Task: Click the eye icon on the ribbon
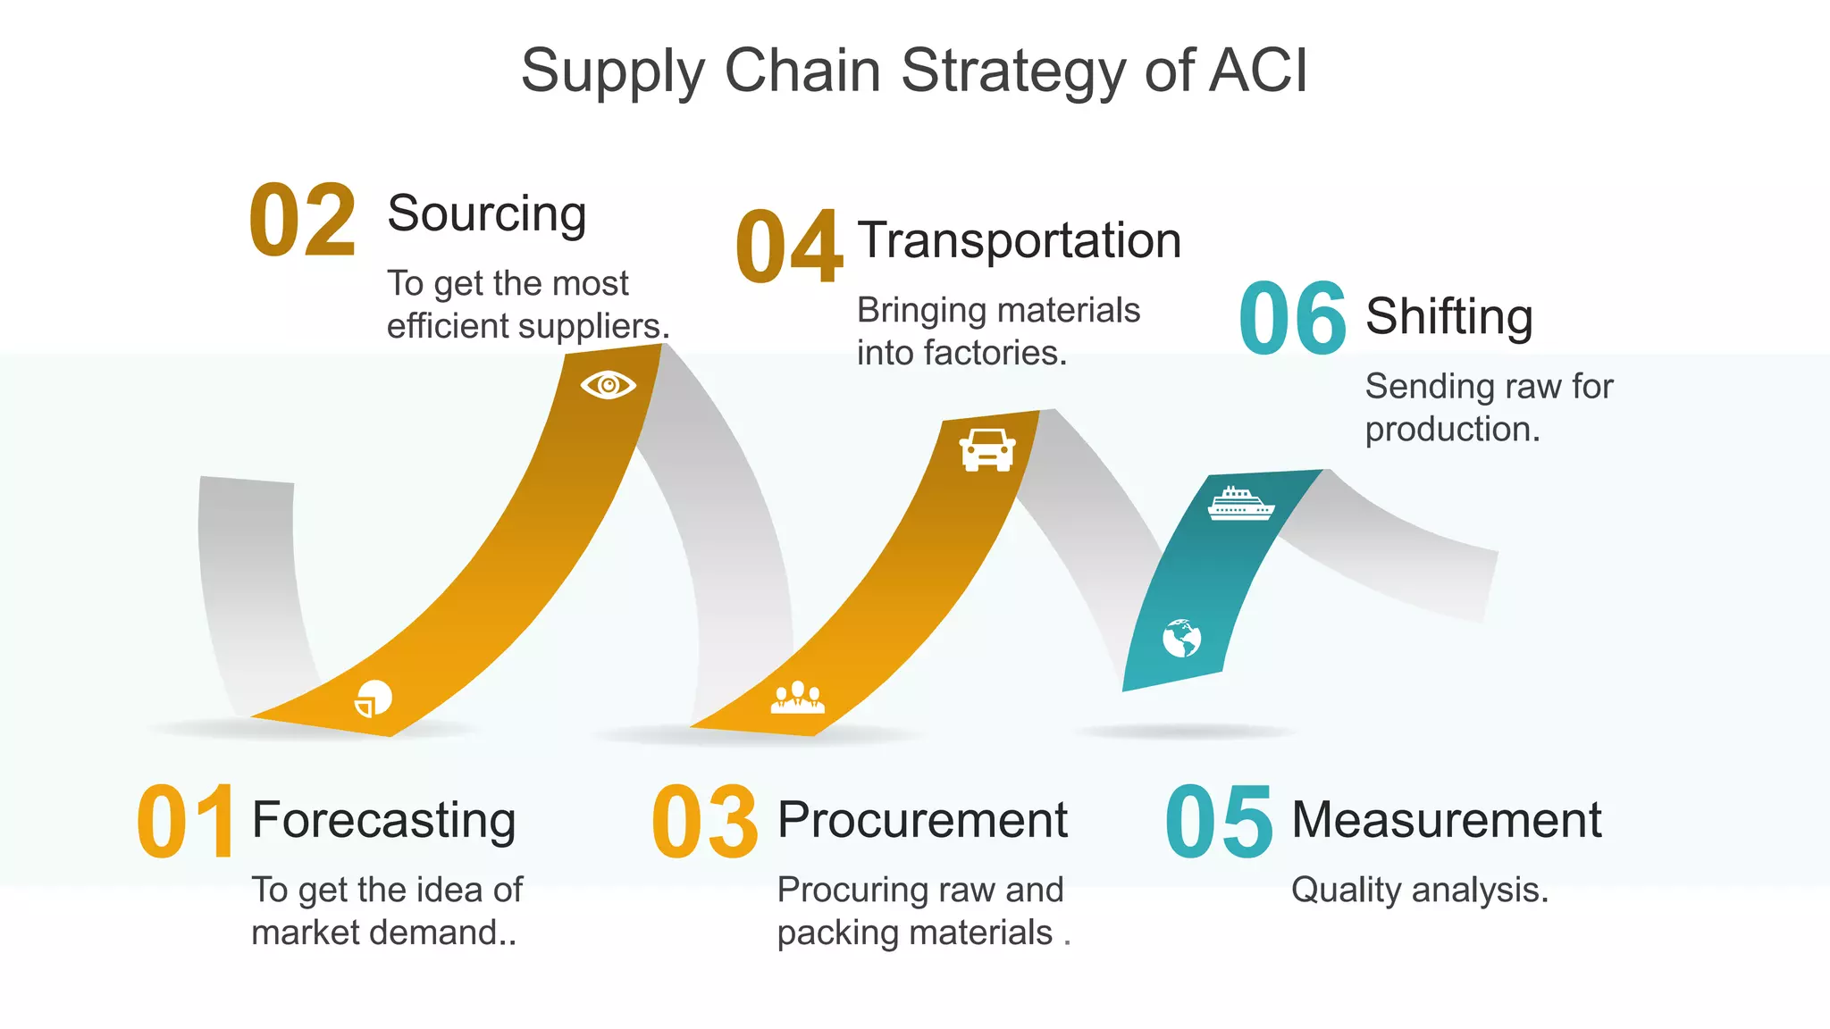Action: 608,385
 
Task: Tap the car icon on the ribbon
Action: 986,449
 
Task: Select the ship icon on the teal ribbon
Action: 1240,504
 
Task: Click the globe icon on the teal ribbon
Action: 1181,638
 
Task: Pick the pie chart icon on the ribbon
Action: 374,699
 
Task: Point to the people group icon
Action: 798,698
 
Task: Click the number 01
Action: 186,822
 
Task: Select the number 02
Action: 303,221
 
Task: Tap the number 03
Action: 705,822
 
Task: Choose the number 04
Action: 789,247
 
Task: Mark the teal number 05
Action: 1219,822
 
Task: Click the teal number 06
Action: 1292,319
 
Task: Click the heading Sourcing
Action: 487,214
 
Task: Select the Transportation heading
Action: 1019,240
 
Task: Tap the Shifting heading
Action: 1448,317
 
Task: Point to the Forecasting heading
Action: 384,820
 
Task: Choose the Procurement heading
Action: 922,820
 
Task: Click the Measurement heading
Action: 1446,820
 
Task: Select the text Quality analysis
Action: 1419,890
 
